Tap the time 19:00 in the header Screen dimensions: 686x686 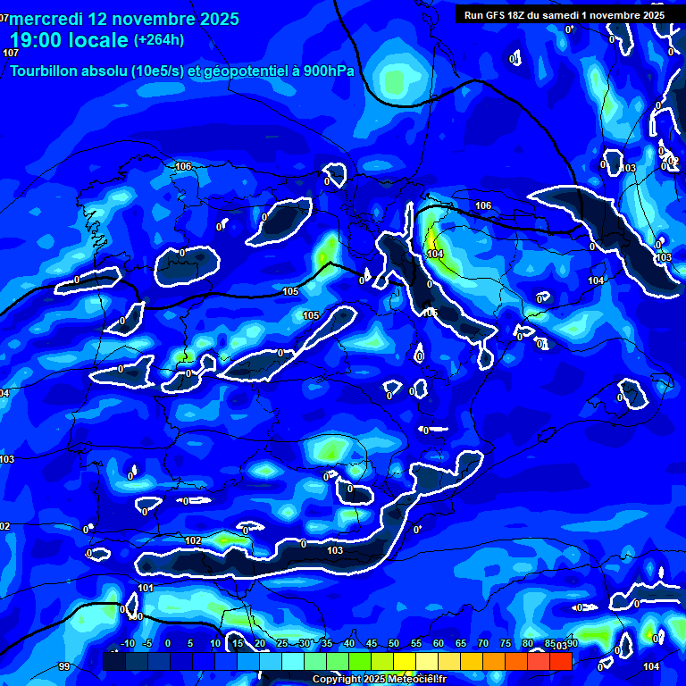[x=39, y=40]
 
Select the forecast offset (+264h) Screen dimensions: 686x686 [x=159, y=40]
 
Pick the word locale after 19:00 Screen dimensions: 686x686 [x=102, y=40]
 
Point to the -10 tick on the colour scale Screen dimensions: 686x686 [x=127, y=644]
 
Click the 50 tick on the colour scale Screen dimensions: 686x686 [x=394, y=644]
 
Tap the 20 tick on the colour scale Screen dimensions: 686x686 [x=260, y=644]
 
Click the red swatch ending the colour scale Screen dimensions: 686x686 [x=561, y=661]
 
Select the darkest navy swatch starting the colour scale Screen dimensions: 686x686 [x=114, y=661]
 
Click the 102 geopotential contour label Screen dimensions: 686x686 [x=193, y=541]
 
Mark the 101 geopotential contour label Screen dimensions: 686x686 [x=146, y=588]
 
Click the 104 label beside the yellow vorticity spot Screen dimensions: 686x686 [x=436, y=255]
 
